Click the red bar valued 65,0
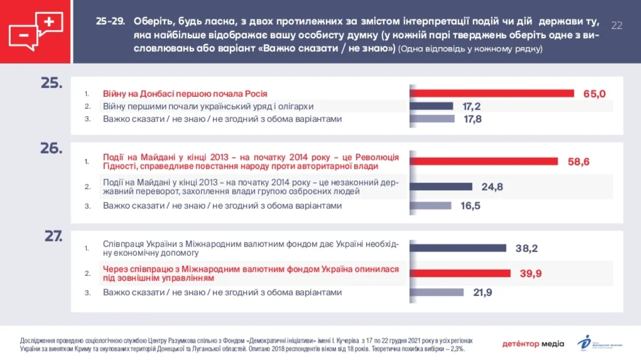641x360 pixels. [x=492, y=94]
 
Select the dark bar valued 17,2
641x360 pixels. [x=432, y=106]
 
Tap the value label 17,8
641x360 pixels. [x=473, y=119]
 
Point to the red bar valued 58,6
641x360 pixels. [x=484, y=161]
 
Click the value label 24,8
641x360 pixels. [x=492, y=187]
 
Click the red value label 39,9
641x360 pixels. [x=531, y=273]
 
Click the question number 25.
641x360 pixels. [x=51, y=83]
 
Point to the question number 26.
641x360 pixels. [x=51, y=148]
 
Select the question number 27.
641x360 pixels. [x=53, y=236]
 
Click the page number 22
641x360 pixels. [x=617, y=26]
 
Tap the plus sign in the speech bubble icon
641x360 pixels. [x=49, y=22]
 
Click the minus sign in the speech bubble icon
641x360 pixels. [x=24, y=35]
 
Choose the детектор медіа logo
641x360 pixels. [x=533, y=344]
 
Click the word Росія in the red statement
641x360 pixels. [x=256, y=94]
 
